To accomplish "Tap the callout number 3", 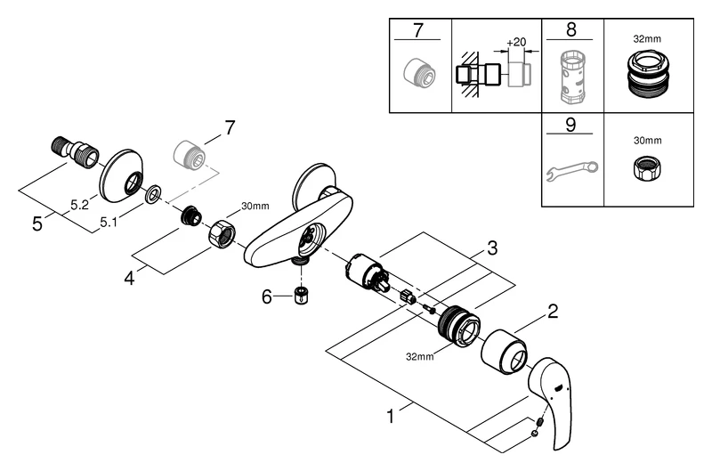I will [x=490, y=246].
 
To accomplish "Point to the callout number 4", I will [x=130, y=278].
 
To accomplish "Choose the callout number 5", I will [x=36, y=224].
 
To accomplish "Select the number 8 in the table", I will [x=571, y=29].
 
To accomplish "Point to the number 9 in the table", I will [x=571, y=126].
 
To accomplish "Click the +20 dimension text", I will [x=515, y=43].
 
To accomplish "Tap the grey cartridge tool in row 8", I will [x=571, y=77].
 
